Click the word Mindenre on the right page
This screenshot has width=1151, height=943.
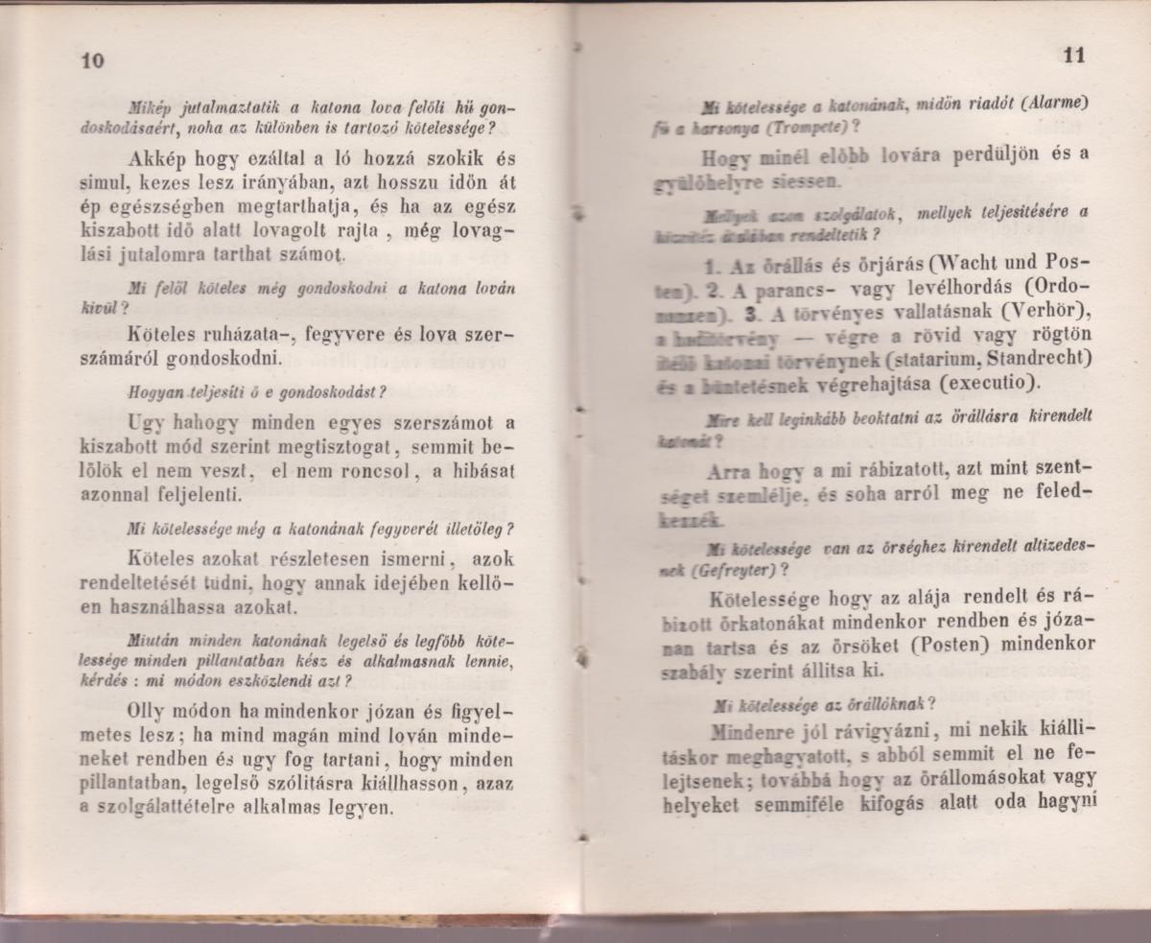749,731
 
